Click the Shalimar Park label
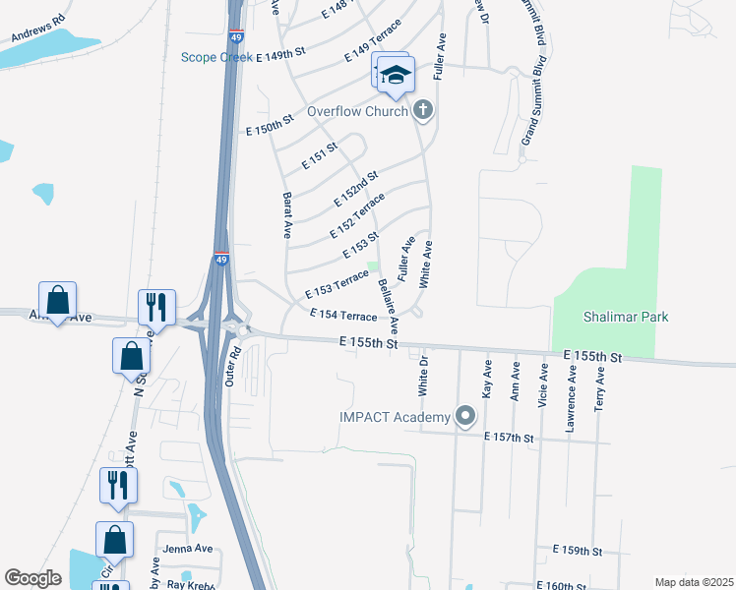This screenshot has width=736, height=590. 611,317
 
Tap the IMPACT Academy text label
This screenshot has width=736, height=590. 394,418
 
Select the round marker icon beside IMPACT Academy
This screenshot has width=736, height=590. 465,418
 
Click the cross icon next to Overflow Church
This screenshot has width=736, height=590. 423,110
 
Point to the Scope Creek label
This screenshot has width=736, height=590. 216,57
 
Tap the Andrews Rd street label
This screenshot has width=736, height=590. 37,30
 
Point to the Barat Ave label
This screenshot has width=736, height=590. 287,215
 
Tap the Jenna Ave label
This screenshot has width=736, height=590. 188,548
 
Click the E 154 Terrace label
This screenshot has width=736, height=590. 343,316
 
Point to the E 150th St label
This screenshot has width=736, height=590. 270,124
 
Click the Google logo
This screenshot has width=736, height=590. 33,578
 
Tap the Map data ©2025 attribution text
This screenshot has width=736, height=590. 693,582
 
